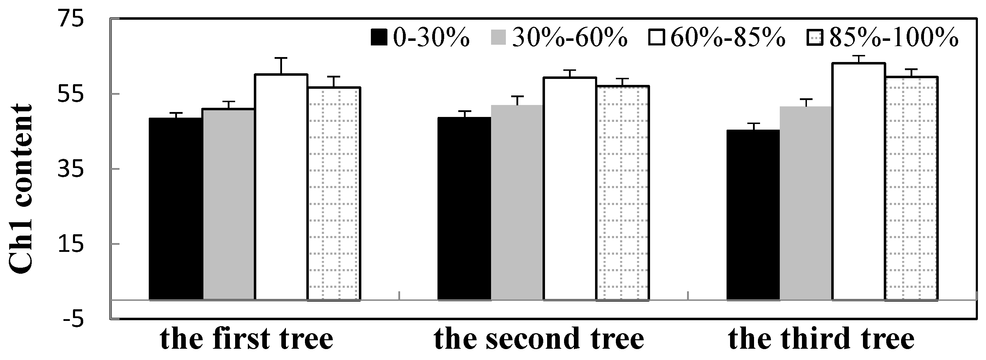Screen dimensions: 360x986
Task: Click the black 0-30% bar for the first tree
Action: coord(176,209)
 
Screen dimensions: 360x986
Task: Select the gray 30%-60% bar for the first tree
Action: coord(228,204)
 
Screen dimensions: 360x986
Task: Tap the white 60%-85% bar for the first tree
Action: coord(281,187)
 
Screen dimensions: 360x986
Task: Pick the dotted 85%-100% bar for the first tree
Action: coord(334,194)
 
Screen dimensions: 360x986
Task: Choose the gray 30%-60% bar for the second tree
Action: coord(517,203)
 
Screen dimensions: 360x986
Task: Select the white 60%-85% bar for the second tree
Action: coord(570,188)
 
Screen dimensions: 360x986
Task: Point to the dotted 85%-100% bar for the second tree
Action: coord(623,193)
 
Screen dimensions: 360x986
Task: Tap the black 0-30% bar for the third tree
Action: coord(753,215)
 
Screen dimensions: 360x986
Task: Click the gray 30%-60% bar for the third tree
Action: coord(806,203)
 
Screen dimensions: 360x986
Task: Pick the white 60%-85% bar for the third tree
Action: coord(858,181)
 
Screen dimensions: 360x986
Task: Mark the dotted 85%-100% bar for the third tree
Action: coord(911,188)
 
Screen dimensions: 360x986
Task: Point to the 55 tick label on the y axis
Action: coord(71,94)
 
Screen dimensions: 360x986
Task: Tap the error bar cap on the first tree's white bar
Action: coord(281,58)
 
